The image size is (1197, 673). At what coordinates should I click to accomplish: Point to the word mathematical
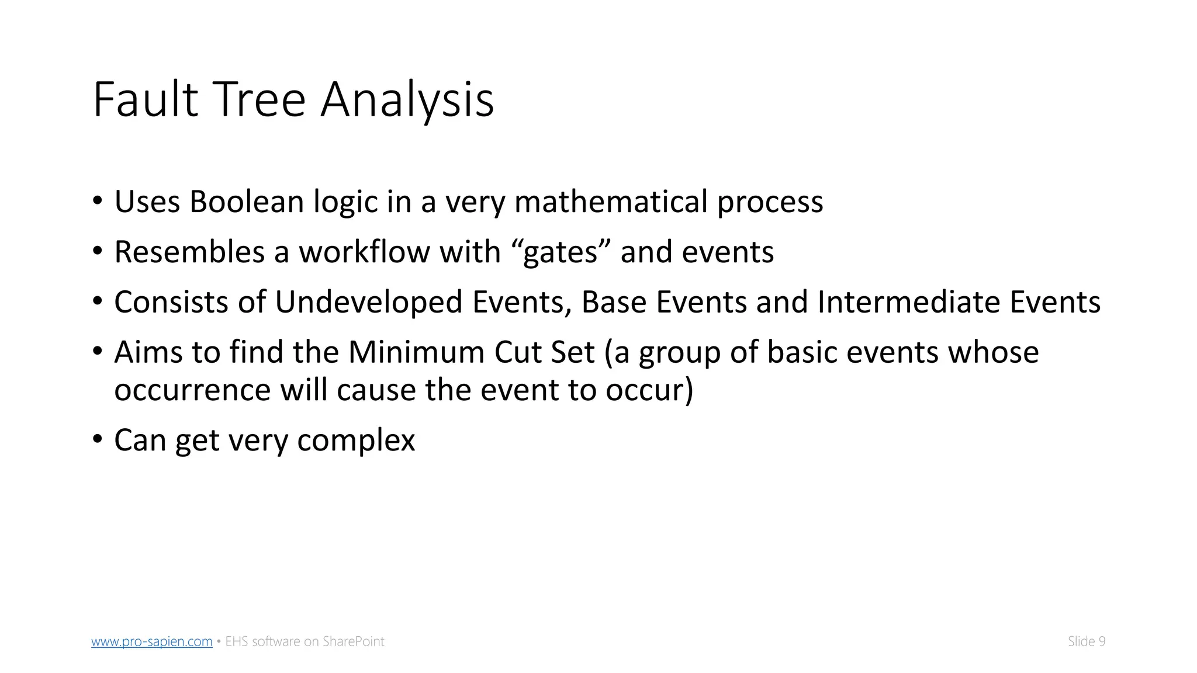[x=611, y=202]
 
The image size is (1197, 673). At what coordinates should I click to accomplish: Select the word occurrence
[x=192, y=390]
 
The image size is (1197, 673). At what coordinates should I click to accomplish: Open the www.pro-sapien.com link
[x=152, y=641]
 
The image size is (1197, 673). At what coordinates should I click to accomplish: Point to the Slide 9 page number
[x=1087, y=641]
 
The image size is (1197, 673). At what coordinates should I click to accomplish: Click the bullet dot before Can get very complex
[x=98, y=439]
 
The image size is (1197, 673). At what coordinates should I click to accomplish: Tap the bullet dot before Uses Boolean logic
[x=98, y=200]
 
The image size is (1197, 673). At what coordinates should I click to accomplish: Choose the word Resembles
[x=189, y=252]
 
